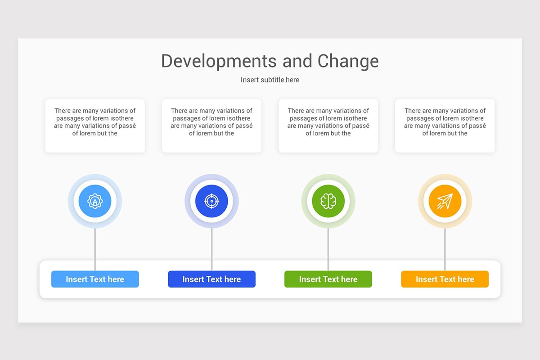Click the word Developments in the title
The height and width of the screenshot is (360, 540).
(x=219, y=61)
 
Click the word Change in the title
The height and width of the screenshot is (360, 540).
(x=348, y=61)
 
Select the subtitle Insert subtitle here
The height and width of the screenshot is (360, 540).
(x=270, y=80)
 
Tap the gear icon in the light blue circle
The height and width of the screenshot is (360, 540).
(x=95, y=201)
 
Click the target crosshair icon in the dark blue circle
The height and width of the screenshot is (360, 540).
(x=211, y=201)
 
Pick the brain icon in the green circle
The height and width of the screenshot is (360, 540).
(x=328, y=201)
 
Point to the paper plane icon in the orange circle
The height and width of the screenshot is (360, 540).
(x=445, y=201)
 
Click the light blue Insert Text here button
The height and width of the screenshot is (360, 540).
(x=95, y=279)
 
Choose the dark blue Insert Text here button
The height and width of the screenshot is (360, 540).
(x=211, y=279)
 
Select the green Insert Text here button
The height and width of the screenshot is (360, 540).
(x=328, y=279)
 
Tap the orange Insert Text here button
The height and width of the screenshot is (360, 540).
(x=445, y=279)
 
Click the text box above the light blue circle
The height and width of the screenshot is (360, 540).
(x=95, y=126)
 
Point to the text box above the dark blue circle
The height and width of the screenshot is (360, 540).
(x=211, y=126)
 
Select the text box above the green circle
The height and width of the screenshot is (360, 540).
(x=328, y=126)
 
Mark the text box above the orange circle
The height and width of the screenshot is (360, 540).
(x=445, y=126)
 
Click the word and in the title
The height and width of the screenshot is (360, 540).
(x=297, y=61)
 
